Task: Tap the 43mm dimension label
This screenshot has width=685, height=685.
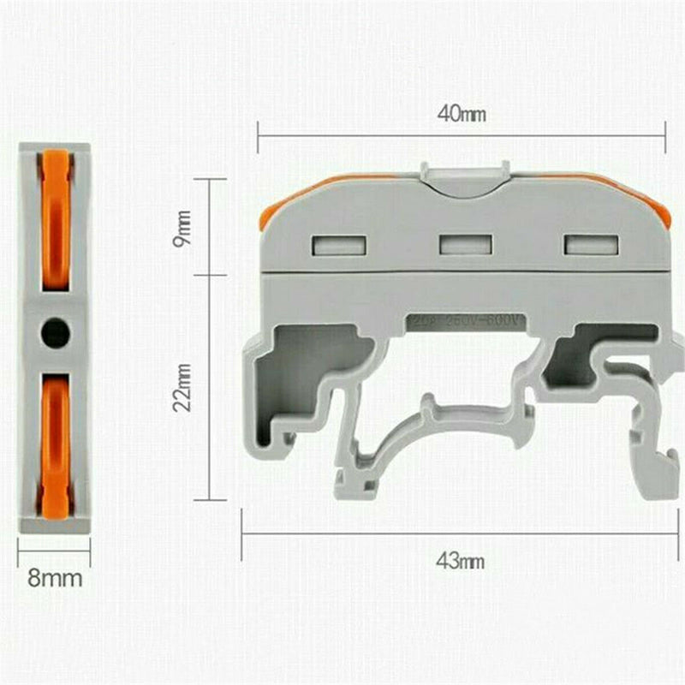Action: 460,562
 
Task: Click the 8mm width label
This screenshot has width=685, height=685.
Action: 55,578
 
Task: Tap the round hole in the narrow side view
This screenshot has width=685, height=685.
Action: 55,331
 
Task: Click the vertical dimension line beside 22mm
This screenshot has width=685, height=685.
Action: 209,387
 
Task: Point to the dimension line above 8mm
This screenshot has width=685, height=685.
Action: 54,551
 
